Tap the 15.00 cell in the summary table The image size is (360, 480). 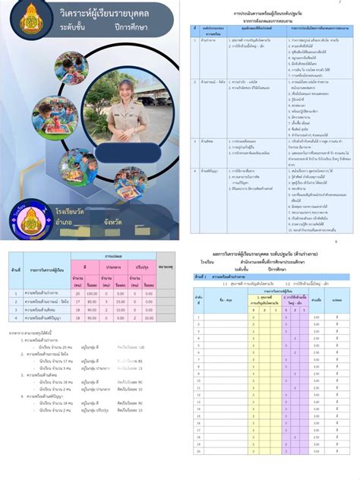coord(121,301)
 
